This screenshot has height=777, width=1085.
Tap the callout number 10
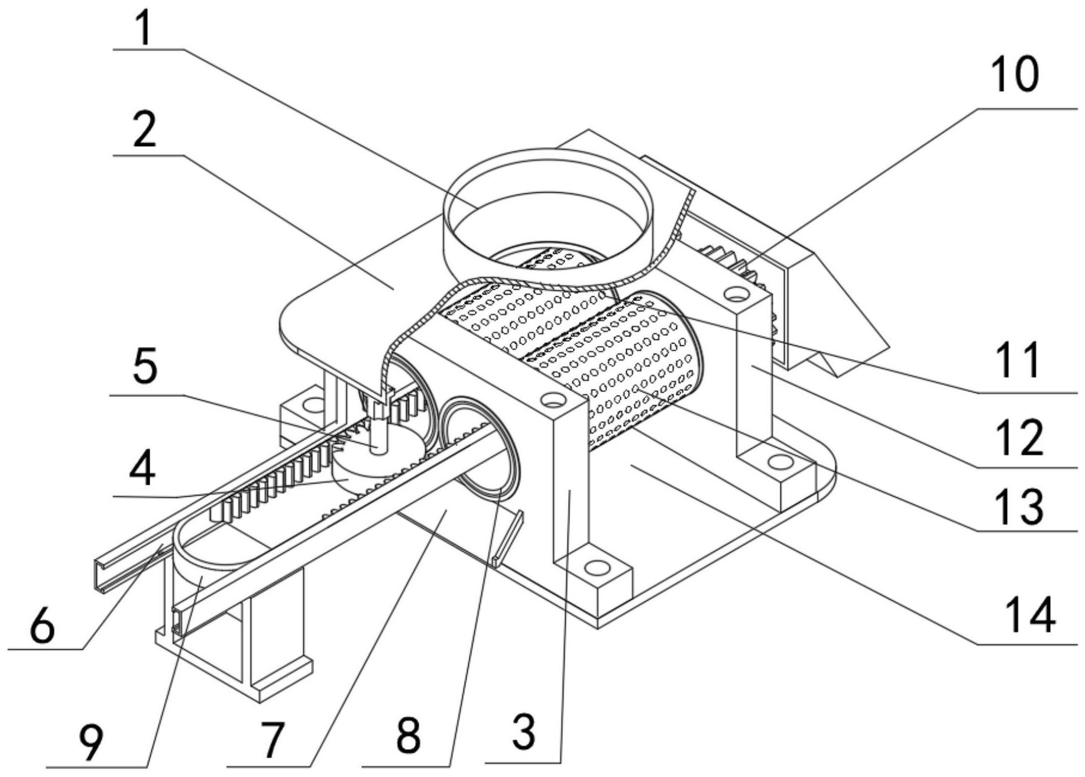(1014, 76)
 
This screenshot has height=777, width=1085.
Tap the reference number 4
(142, 469)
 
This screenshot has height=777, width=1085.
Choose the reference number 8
(409, 736)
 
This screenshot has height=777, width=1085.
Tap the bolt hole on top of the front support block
(553, 401)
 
